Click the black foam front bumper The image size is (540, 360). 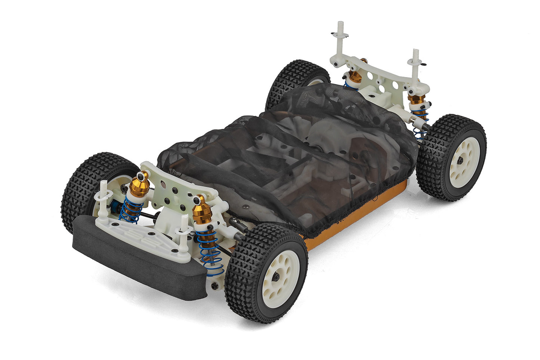click(x=138, y=262)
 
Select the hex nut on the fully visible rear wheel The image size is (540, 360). click(x=460, y=160)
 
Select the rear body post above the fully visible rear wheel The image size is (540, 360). click(x=415, y=64)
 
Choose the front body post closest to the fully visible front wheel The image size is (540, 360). click(x=183, y=232)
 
